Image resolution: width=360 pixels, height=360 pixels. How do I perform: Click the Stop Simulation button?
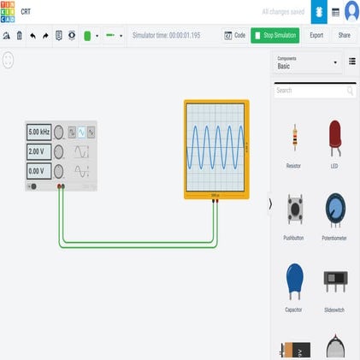[x=274, y=35]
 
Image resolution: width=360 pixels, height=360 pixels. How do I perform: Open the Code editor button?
[x=234, y=35]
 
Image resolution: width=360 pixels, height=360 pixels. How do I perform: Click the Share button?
[x=345, y=35]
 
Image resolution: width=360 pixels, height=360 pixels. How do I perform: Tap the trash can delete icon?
[x=19, y=36]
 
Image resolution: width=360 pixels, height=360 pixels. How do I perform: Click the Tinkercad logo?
[x=8, y=12]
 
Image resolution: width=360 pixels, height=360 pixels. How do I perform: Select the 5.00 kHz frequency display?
[x=38, y=133]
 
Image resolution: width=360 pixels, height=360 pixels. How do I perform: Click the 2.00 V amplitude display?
[x=38, y=151]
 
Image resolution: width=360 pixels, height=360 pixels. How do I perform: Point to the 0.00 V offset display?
[x=38, y=170]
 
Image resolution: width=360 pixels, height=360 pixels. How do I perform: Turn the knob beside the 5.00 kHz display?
[x=59, y=133]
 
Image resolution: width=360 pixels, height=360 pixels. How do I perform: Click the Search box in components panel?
[x=310, y=90]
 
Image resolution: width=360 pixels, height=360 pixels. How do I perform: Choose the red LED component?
[x=334, y=137]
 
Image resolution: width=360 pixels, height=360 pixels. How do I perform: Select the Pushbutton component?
[x=293, y=210]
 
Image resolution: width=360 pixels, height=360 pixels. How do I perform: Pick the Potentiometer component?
[x=334, y=210]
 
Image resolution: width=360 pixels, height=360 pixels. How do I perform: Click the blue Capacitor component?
[x=293, y=280]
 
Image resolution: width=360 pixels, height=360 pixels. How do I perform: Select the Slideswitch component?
[x=334, y=280]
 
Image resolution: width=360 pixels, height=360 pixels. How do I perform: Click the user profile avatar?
[x=351, y=12]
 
